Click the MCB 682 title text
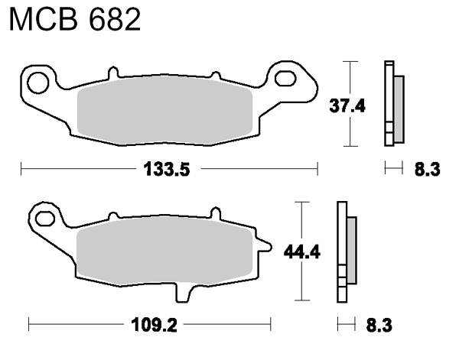point(75,20)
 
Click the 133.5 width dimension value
point(167,170)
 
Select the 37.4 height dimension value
point(347,106)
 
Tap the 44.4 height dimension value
point(302,251)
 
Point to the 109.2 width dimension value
point(155,325)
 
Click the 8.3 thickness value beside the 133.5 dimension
point(427,170)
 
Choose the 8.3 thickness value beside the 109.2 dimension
point(379,325)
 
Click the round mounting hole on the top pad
point(37,83)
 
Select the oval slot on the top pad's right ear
point(285,79)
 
